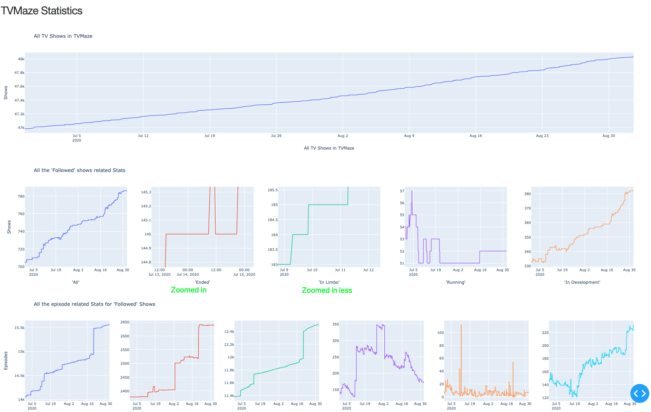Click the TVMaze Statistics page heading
point(41,11)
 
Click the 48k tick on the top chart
point(21,59)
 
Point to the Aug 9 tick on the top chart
point(409,136)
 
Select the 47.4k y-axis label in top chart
point(19,101)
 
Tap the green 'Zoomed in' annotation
point(189,290)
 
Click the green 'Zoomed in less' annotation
point(327,290)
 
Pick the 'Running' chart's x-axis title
point(455,282)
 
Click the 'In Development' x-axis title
point(582,282)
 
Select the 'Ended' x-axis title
point(202,282)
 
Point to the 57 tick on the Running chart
point(402,191)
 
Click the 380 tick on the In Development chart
point(527,194)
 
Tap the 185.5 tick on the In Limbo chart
point(272,190)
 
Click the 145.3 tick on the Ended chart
point(146,192)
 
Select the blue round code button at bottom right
point(639,393)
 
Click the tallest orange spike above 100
point(461,326)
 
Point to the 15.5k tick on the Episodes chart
point(19,328)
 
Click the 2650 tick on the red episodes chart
point(125,322)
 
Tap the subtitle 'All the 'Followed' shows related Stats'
point(79,170)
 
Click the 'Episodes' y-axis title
point(6,361)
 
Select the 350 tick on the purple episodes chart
point(335,324)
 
